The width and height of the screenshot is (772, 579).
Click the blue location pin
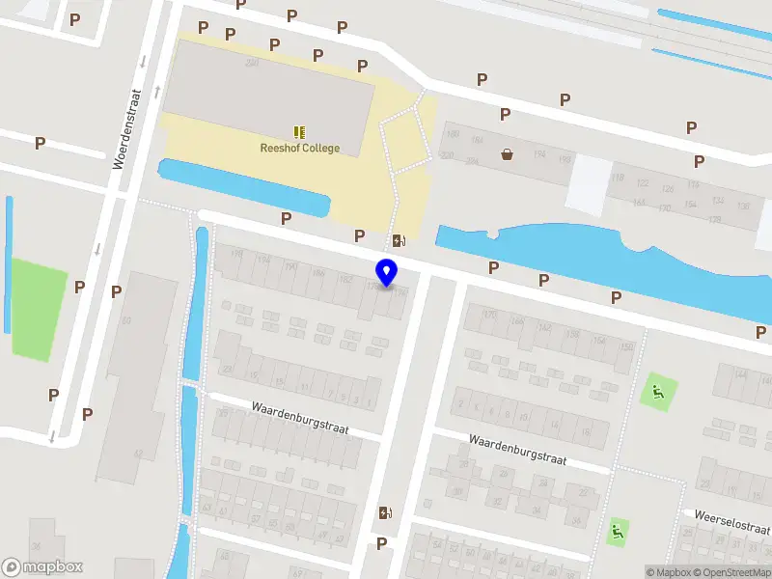pos(387,272)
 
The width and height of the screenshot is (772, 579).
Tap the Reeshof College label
pos(299,148)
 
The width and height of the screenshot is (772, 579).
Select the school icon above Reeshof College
pos(299,131)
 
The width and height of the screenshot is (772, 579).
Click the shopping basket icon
pos(507,153)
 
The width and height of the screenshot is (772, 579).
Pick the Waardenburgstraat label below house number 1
pos(299,416)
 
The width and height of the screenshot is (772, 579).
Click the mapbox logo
pos(42,567)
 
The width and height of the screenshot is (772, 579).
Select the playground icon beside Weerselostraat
pos(617,530)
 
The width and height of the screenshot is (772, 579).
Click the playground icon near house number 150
pos(658,391)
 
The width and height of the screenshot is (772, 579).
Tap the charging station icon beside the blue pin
pos(399,240)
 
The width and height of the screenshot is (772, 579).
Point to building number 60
pos(125,319)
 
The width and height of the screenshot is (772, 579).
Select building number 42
pos(138,454)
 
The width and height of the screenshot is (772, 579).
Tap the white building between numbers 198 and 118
pos(588,183)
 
